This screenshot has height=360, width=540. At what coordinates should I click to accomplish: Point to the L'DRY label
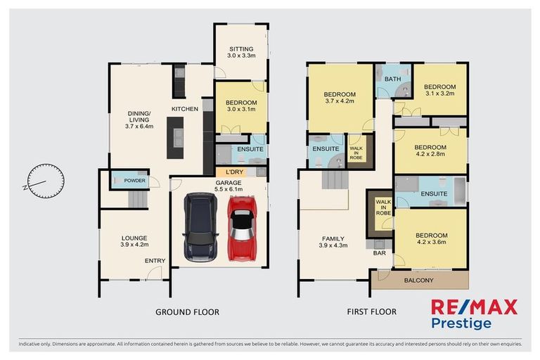click(234, 172)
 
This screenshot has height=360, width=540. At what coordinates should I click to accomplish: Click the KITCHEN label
click(186, 109)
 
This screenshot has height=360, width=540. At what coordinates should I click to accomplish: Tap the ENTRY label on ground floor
click(155, 261)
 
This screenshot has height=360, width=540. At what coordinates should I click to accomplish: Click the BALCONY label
click(418, 281)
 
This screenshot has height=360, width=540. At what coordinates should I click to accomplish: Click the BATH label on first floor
click(392, 79)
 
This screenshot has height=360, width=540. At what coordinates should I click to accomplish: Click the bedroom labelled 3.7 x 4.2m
click(339, 98)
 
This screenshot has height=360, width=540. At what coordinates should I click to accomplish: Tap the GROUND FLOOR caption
click(188, 311)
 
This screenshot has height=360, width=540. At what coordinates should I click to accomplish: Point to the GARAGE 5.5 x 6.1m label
click(229, 185)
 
